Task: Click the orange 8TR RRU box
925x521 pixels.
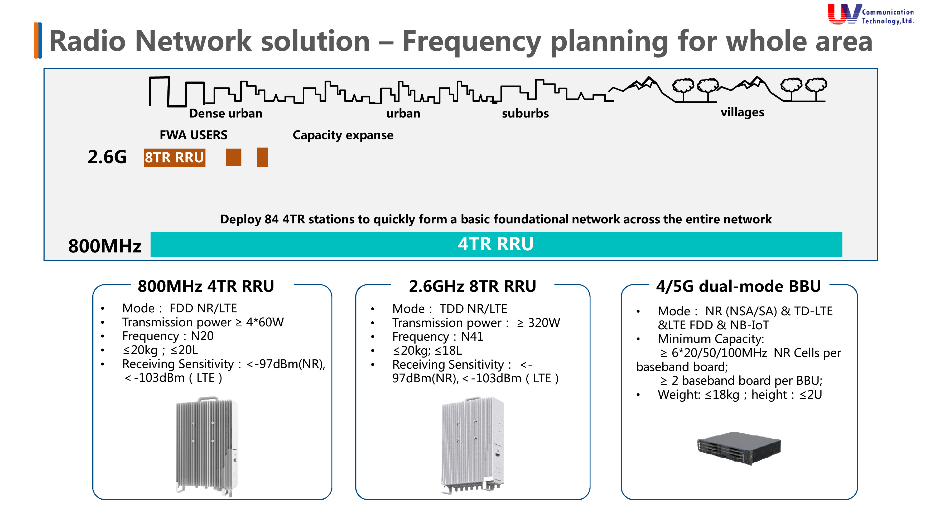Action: point(174,157)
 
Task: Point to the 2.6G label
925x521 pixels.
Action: point(107,157)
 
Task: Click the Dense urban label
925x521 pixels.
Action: point(225,113)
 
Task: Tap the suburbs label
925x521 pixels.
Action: point(525,114)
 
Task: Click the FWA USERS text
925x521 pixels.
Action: point(193,135)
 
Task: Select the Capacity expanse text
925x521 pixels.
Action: point(343,135)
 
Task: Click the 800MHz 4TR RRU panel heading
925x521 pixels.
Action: point(206,286)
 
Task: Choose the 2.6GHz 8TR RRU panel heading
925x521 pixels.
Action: point(472,286)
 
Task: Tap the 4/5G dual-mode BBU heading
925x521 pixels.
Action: point(738,286)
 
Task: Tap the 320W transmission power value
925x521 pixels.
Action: point(544,323)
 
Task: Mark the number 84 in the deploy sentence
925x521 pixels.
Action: point(272,219)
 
